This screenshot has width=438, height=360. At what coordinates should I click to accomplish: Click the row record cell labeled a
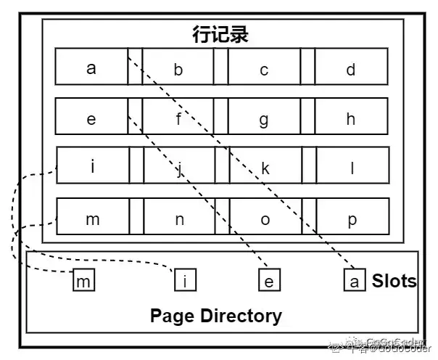91,68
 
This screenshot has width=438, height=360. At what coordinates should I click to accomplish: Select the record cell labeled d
350,69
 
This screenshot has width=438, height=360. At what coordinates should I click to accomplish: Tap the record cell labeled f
178,118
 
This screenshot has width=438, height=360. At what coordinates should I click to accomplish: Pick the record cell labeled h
350,118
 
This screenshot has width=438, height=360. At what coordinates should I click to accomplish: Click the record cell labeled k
265,168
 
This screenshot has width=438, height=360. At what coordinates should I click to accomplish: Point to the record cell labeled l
351,168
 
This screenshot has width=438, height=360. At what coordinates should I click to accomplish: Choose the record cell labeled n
179,218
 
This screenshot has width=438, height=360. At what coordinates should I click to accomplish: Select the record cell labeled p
352,218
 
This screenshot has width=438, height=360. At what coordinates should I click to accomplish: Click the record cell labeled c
264,69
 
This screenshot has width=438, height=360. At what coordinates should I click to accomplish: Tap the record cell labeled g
264,118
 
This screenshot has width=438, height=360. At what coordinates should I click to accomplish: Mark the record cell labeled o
265,218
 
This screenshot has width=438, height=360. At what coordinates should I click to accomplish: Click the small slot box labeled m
84,281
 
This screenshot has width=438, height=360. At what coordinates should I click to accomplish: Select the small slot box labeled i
185,281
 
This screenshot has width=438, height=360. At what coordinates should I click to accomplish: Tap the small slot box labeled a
354,281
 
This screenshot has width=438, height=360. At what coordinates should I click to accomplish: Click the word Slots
394,281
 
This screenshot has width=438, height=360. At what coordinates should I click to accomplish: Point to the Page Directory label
215,316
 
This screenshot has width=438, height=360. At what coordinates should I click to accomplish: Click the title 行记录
220,34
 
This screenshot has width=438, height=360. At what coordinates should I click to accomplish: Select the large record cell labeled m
92,218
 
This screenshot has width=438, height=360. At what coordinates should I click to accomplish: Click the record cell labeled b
178,69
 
